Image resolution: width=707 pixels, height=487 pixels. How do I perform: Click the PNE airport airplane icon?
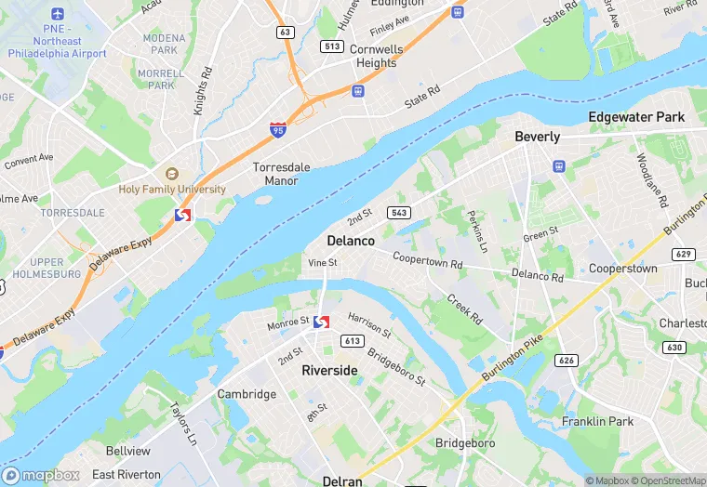59,15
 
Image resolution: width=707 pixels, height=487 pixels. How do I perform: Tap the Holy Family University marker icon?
171,174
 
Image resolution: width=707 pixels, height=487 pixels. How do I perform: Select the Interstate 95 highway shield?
278,130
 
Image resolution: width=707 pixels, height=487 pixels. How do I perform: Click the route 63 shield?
285,33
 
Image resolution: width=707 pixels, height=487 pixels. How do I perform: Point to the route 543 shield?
399,212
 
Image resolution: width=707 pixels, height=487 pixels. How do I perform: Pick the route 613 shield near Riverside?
352,341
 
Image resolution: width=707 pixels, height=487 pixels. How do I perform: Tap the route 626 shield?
567,360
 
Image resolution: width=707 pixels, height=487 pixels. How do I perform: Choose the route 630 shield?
674,347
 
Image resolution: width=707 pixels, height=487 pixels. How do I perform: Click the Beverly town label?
538,137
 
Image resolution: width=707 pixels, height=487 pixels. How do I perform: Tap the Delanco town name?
351,241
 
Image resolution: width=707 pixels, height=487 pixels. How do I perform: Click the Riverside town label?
329,370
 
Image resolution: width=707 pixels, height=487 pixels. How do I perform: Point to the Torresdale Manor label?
281,174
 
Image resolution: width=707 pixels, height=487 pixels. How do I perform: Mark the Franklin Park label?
597,421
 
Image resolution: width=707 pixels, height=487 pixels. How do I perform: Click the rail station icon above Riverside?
322,322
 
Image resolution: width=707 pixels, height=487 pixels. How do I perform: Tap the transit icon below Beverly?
559,166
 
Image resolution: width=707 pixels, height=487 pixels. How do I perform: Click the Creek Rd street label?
464,309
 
